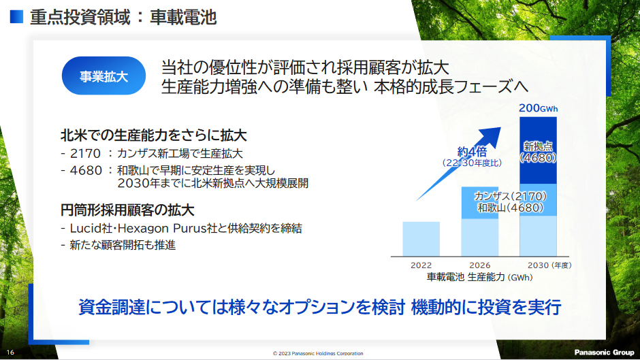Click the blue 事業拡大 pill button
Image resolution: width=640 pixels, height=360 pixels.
[104, 76]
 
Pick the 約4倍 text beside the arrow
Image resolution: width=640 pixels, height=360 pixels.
[470, 152]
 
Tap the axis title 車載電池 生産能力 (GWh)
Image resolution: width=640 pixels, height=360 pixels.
[479, 278]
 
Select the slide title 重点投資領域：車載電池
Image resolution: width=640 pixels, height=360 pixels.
[123, 17]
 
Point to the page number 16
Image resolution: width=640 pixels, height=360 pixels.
[11, 353]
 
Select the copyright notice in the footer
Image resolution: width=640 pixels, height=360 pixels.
[318, 353]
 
